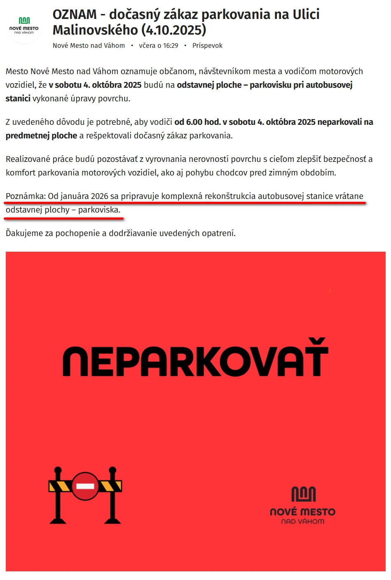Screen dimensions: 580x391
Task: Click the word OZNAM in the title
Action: (75, 15)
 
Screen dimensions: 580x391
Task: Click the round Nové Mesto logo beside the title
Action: (24, 26)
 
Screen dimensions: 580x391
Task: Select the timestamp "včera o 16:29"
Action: (159, 46)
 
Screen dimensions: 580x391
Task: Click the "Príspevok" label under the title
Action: (207, 46)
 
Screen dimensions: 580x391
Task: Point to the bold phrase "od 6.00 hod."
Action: (197, 122)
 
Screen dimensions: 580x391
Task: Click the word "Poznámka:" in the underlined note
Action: (26, 196)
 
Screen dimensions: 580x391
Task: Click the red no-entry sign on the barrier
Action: (85, 486)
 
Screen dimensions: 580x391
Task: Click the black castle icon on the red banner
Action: (303, 494)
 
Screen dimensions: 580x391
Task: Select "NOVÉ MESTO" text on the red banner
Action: (302, 512)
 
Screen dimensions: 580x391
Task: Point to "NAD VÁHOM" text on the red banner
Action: (302, 522)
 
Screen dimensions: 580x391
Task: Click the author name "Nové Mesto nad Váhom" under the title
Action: (89, 46)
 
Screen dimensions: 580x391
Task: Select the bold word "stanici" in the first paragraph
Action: (18, 98)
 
